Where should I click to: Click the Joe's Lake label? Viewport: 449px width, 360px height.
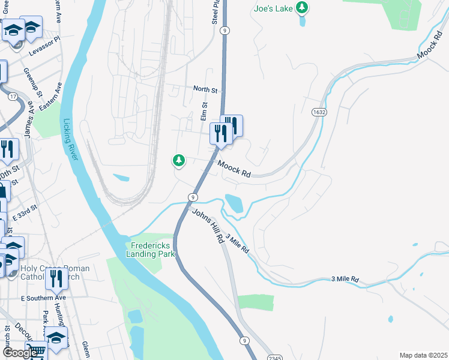[x=273, y=8]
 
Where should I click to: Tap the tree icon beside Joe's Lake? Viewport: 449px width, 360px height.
[x=304, y=8]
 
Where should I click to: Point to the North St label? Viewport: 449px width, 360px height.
[x=205, y=89]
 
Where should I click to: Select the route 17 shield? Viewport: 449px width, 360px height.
[x=13, y=96]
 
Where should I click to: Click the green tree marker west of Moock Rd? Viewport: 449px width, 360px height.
[x=178, y=160]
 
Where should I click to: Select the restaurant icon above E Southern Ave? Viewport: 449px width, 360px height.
[x=57, y=278]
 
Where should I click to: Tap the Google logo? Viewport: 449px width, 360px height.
[x=19, y=352]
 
